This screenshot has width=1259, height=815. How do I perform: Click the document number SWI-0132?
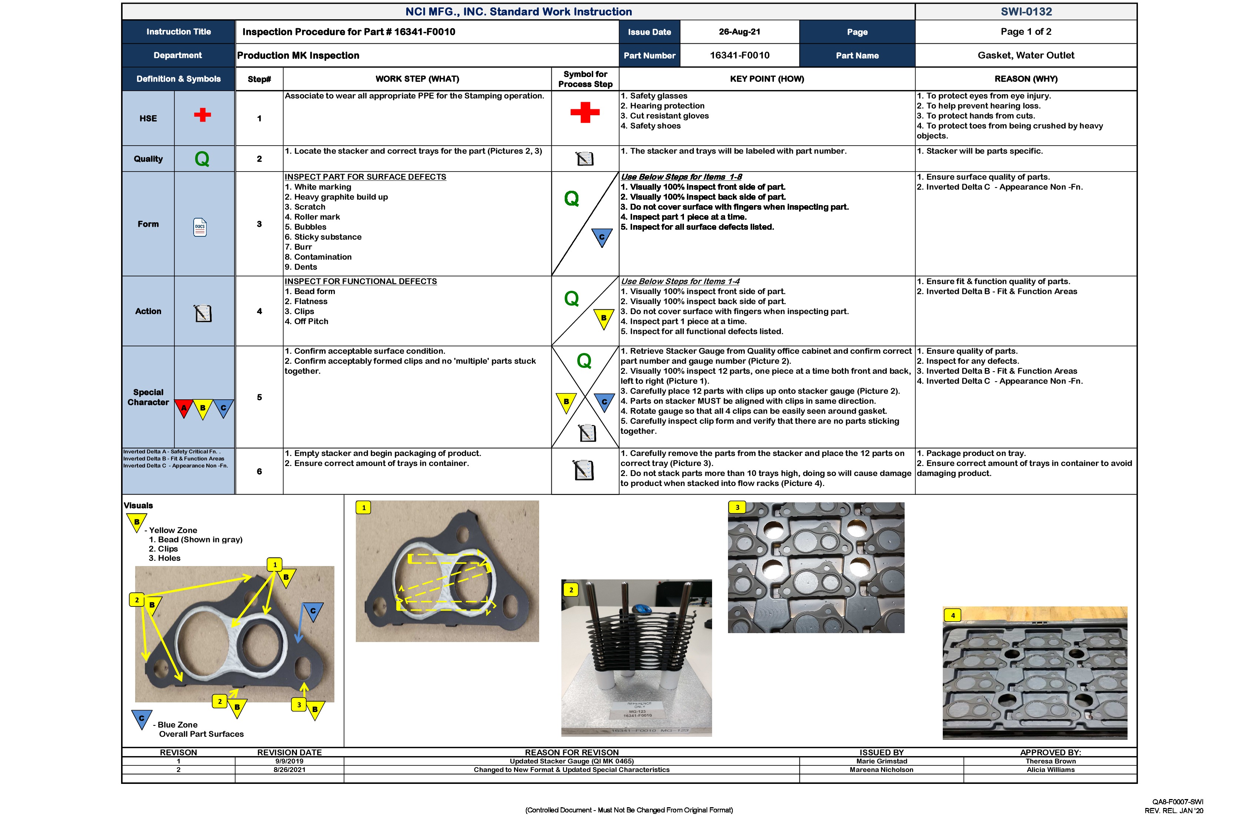[1026, 11]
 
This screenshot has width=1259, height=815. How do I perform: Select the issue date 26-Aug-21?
[739, 32]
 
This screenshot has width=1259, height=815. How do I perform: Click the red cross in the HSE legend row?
[202, 115]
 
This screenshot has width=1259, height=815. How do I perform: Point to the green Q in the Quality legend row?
[202, 159]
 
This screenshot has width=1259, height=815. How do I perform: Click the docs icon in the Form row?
[200, 227]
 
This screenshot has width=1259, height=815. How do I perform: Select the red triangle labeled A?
[184, 408]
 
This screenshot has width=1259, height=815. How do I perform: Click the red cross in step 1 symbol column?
[585, 112]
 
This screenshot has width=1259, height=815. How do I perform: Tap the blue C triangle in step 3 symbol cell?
[601, 237]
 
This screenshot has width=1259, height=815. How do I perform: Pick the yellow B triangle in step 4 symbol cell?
[604, 319]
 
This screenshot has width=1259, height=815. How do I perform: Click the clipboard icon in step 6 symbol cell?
[584, 470]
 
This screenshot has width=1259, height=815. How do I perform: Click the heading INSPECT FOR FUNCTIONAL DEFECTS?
[360, 282]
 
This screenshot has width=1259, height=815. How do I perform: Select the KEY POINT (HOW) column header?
[767, 79]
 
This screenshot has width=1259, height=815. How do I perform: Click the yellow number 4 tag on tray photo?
[953, 615]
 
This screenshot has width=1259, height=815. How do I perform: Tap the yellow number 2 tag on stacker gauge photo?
[571, 589]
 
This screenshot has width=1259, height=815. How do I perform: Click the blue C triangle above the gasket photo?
[313, 612]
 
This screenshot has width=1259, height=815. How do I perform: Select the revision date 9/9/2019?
[289, 761]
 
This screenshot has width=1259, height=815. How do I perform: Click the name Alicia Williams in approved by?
[1050, 769]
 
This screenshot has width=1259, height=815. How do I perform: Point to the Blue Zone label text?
[177, 725]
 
